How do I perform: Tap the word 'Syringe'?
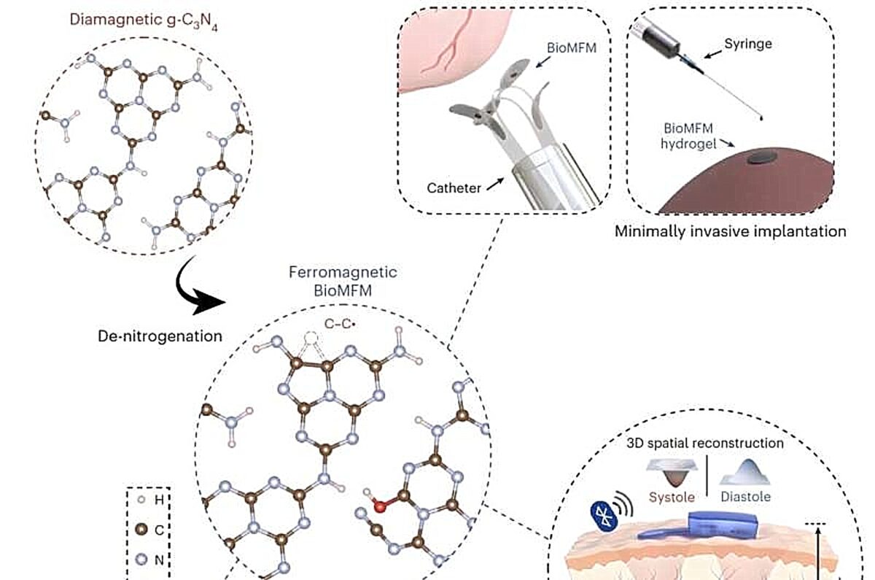point(748,44)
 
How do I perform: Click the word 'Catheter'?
point(454,188)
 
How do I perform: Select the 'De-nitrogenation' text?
point(160,336)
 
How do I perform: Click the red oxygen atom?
point(380,507)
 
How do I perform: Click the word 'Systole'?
point(672,497)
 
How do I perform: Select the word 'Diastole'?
point(746,497)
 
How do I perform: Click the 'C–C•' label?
point(340,324)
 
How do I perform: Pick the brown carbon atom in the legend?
point(141,530)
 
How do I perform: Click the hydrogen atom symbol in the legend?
point(141,500)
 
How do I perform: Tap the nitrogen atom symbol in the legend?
point(141,560)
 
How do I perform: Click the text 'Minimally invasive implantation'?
point(731,231)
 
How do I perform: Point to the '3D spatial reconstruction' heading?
point(705,444)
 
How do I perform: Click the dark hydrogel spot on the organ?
point(762,158)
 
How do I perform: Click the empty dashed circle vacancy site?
point(311,338)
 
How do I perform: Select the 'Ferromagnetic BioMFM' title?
point(343,282)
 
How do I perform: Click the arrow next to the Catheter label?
point(495,185)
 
